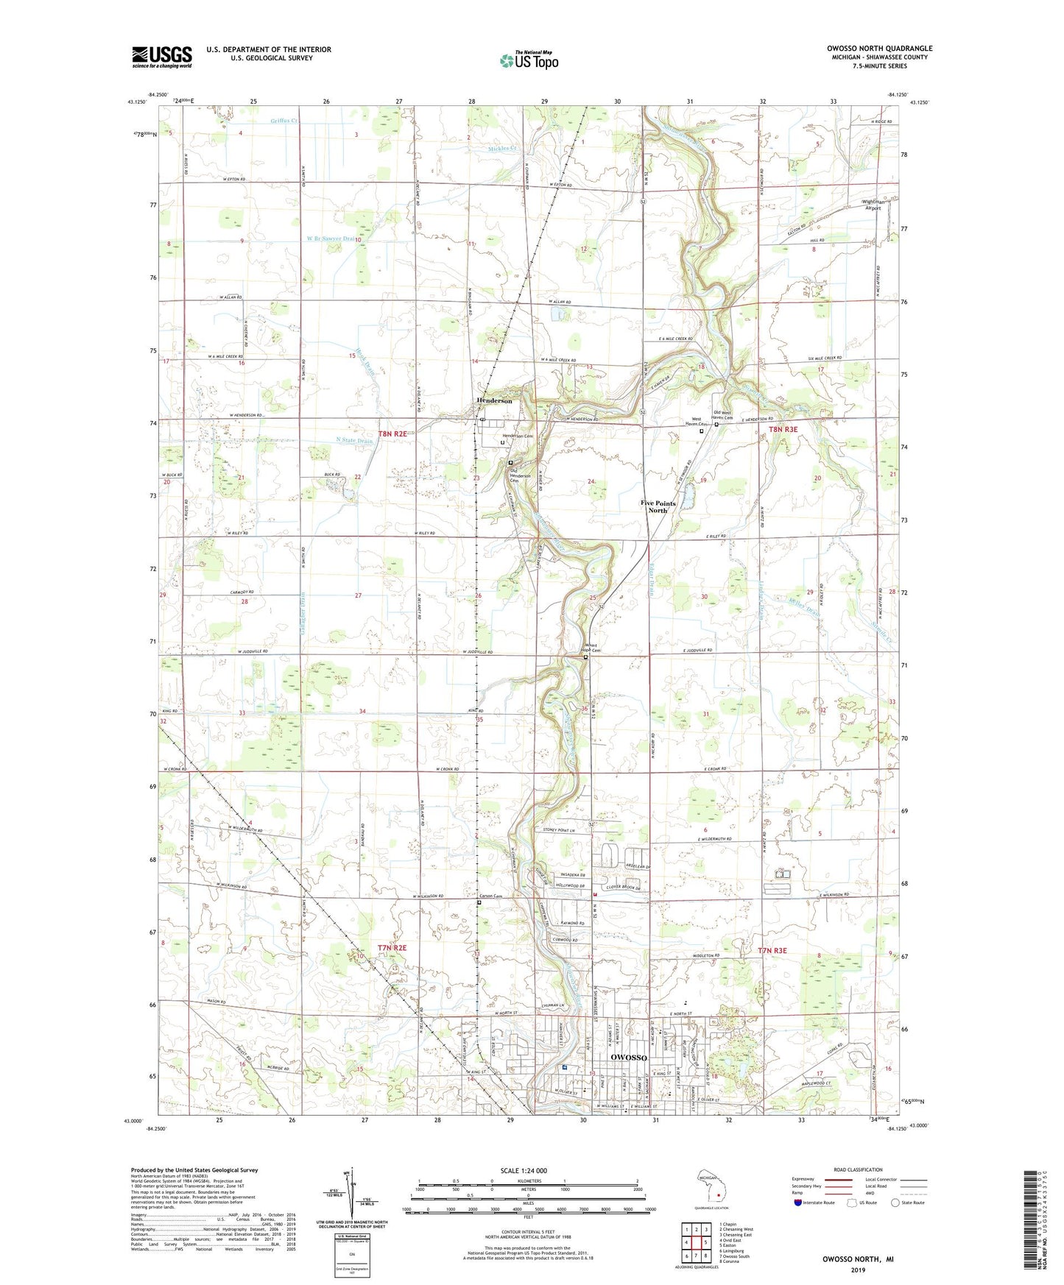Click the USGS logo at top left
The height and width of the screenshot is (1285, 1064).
point(162,57)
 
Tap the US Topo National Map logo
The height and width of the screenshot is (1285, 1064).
point(528,60)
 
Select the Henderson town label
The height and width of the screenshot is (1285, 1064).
point(494,400)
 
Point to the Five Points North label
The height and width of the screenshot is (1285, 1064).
point(658,506)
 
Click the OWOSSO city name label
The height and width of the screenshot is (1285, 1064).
point(629,1058)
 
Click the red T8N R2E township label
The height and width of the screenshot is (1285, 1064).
point(392,434)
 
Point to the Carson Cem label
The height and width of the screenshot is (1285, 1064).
point(490,896)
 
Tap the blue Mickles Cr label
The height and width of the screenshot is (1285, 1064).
point(504,148)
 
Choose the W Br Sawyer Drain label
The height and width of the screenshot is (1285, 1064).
point(329,238)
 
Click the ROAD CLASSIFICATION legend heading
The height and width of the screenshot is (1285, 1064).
point(858,1169)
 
